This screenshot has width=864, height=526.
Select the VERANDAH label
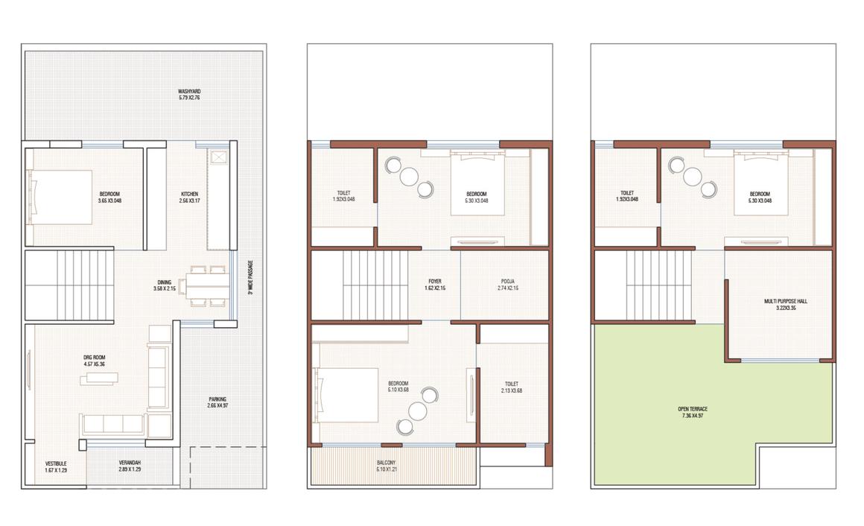[x=130, y=466]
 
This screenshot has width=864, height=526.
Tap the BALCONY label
[x=392, y=466]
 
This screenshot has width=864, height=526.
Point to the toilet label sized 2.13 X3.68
[x=513, y=387]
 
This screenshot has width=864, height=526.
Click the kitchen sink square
[x=220, y=158]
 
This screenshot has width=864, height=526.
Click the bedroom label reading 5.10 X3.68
[x=398, y=387]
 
